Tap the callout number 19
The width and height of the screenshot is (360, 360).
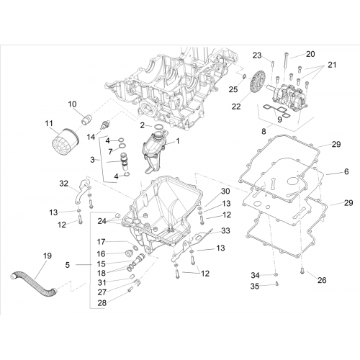[x=48, y=256]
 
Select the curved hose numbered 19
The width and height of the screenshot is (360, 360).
[x=34, y=283]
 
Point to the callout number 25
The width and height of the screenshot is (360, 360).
[x=233, y=89]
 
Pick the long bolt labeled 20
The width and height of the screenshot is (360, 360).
[x=285, y=61]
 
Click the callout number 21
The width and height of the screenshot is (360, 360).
[x=332, y=65]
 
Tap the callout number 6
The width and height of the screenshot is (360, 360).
[x=346, y=171]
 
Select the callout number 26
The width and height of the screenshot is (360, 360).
[x=322, y=280]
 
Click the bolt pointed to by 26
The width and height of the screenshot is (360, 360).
[x=302, y=271]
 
